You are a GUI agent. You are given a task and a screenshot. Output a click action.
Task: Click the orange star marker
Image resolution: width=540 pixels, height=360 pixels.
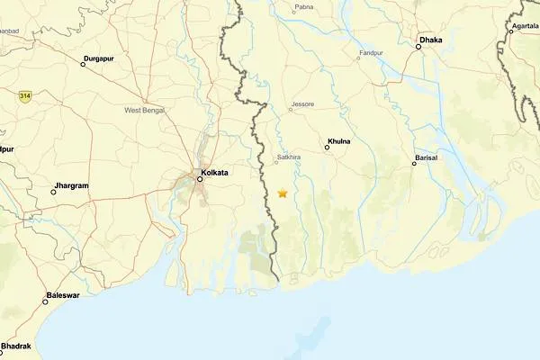(283, 193)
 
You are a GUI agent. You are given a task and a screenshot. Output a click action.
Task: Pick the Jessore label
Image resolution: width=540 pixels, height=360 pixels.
(302, 104)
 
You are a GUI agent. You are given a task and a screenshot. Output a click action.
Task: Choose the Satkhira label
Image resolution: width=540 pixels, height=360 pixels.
(288, 157)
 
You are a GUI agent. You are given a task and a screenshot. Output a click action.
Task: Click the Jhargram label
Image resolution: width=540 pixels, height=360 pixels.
(72, 185)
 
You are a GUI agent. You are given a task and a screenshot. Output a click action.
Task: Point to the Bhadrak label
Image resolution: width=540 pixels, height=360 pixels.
(16, 346)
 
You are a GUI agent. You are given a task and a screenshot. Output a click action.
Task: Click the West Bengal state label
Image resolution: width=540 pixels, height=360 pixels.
(144, 110)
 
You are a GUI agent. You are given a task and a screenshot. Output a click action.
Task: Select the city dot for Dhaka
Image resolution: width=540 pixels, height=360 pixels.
(418, 46)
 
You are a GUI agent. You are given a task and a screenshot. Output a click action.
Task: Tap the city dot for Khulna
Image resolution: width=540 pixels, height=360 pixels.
(327, 148)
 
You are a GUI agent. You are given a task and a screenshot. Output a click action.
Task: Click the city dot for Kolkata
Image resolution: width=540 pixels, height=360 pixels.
(200, 178)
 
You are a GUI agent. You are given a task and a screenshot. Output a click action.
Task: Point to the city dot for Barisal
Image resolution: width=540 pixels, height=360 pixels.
(414, 164)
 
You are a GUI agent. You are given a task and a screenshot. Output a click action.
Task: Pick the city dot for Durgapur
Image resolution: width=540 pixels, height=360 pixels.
(84, 64)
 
